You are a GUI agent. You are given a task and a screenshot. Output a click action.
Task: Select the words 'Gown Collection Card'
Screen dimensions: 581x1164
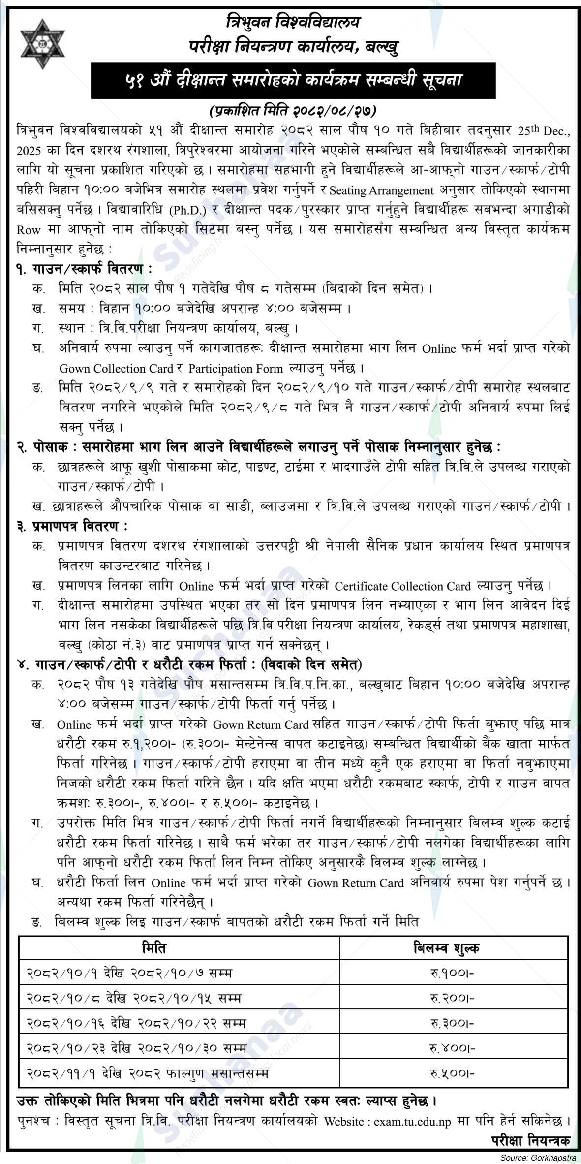point(116,368)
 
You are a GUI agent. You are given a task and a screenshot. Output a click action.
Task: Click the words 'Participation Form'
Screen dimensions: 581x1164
point(236,368)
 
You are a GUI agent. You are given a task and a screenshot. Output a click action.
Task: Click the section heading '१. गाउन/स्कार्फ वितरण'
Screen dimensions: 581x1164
point(81,269)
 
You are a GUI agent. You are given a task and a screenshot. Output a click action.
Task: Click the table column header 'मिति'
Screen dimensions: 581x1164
point(153,948)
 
